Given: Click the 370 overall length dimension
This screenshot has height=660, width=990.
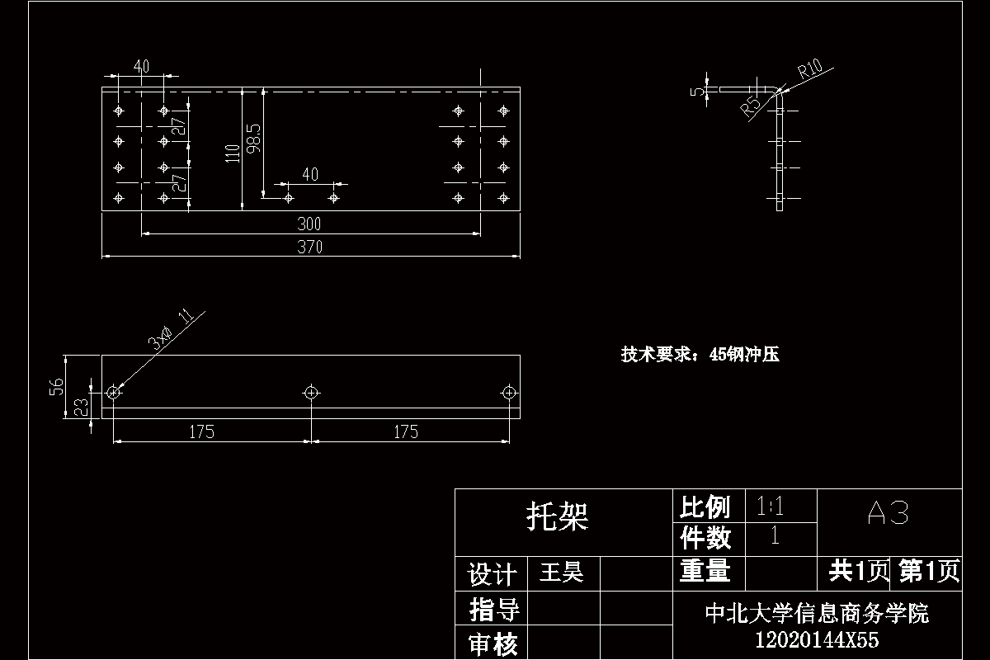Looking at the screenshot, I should [310, 247].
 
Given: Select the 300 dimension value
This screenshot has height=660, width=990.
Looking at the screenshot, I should [310, 224].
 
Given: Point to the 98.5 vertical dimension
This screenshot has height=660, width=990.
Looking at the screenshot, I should [254, 138].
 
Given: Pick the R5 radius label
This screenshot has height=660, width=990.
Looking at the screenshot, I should [751, 106].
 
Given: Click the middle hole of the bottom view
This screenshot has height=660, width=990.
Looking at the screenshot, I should [311, 392].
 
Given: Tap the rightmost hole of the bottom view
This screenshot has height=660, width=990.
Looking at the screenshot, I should [509, 392].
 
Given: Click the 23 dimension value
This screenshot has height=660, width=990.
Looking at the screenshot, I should [81, 406].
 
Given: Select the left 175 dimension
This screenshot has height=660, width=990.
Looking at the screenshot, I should [202, 431].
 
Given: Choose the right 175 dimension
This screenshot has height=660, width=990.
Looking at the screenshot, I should [406, 431].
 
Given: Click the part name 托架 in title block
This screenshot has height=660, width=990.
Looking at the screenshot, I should [558, 518].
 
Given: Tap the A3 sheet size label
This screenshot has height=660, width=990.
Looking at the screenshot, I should [889, 514].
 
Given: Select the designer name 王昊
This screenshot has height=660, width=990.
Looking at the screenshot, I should [561, 573].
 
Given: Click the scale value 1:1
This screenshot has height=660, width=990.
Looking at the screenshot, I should [770, 506].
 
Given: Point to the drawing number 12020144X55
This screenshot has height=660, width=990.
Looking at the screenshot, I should [817, 639].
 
